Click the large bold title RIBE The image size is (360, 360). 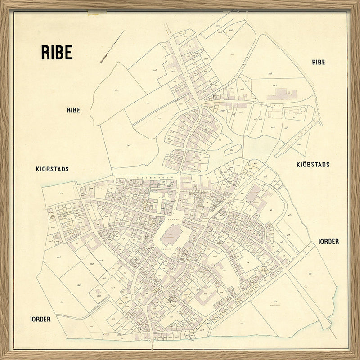57,52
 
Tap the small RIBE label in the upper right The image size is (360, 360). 318,63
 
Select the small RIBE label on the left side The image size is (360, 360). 73,110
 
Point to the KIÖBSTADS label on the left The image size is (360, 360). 52,169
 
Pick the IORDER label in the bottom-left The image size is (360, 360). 40,319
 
